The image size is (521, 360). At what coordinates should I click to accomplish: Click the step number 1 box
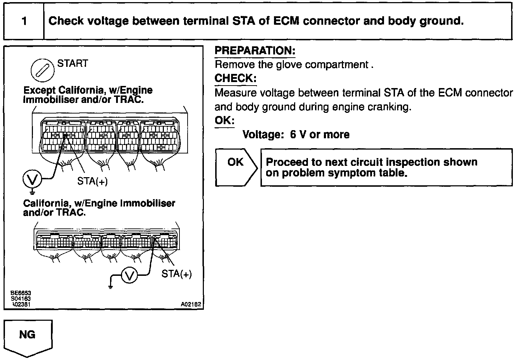coord(24,21)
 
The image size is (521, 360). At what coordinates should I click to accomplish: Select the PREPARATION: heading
coord(255,51)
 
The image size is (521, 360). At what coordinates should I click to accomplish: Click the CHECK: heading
coord(235,78)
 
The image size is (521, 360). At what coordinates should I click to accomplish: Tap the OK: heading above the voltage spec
coord(224,121)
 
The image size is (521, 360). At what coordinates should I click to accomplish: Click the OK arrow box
coord(236,167)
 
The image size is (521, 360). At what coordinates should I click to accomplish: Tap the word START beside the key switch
coord(73,64)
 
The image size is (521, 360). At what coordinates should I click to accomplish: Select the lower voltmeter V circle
coord(130,275)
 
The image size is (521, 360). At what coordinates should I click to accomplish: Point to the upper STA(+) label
coord(92,181)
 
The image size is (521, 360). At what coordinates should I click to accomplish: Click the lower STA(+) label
coord(176,274)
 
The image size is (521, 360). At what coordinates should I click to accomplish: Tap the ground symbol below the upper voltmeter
coord(32,192)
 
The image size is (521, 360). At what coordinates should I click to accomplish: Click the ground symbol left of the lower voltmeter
coord(111,286)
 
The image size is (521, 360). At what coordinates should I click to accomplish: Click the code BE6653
coord(21,293)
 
